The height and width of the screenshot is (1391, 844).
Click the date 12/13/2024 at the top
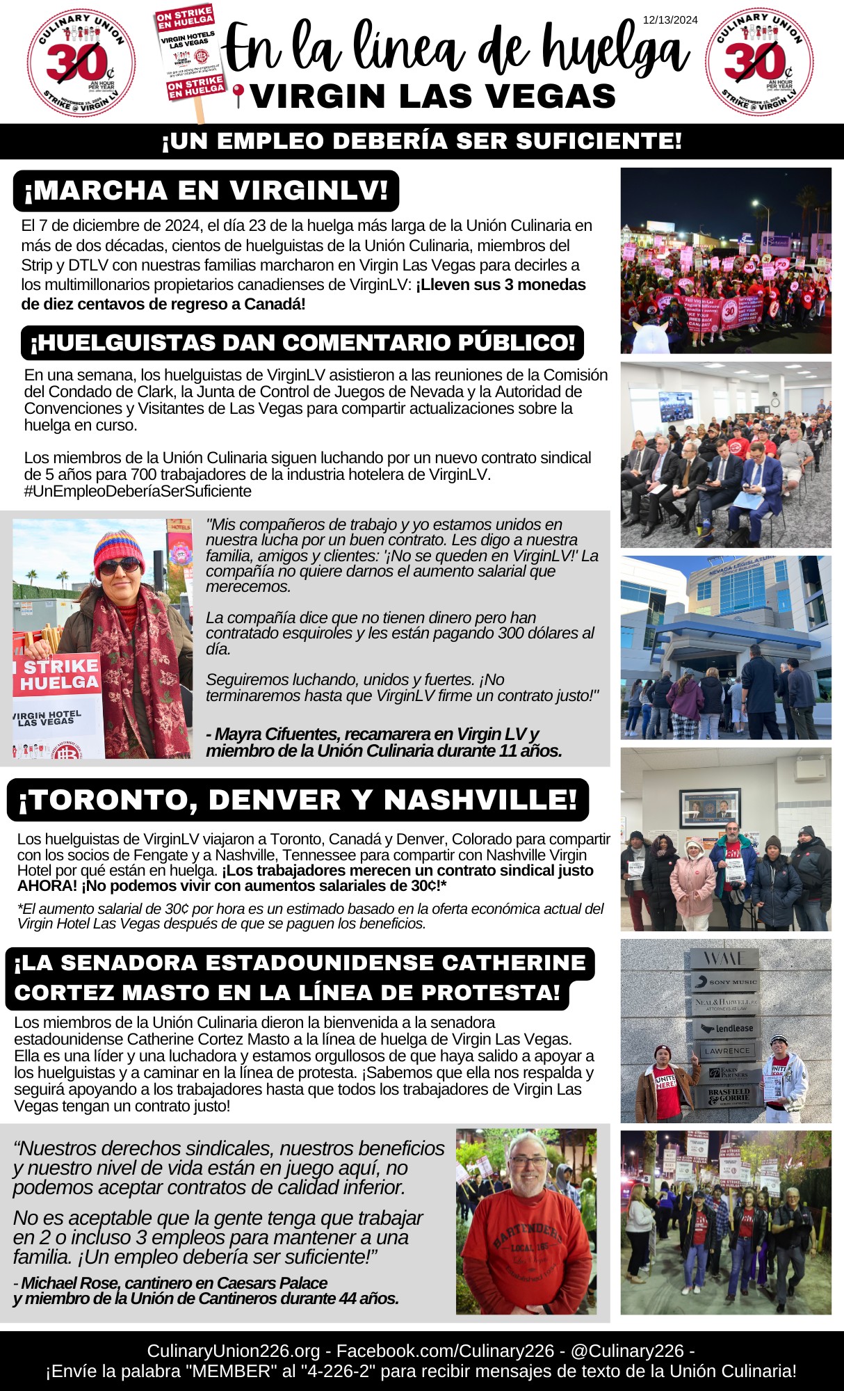pos(669,20)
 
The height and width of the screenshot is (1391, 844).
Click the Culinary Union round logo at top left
pos(81,63)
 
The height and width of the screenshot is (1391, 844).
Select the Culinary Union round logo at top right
pos(758,63)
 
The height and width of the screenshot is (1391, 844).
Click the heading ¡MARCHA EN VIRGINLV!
pos(206,191)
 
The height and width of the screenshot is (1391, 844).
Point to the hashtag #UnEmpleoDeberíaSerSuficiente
pos(138,491)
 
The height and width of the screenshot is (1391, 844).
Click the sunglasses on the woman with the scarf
pos(120,566)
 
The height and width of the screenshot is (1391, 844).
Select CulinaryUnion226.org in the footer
pos(233,1351)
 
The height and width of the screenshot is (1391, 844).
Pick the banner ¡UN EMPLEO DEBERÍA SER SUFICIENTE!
pos(421,141)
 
